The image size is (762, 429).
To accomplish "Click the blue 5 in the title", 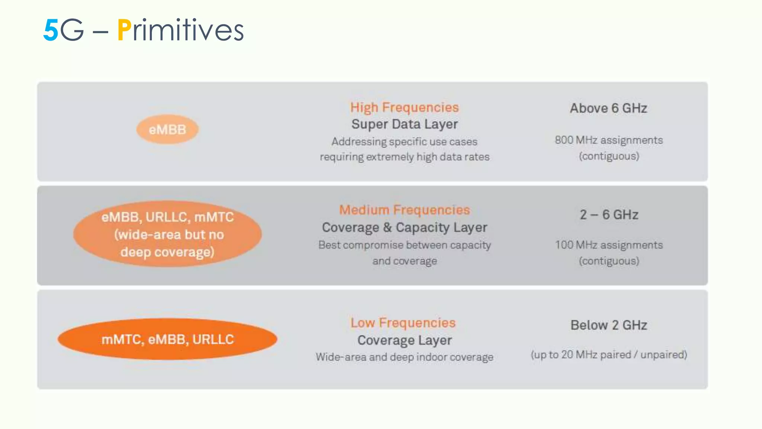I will [x=51, y=30].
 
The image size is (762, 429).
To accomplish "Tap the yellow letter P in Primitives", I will [x=124, y=30].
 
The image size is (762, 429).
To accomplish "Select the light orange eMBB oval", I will [x=167, y=130].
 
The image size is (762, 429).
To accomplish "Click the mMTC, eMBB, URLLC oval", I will [x=167, y=339].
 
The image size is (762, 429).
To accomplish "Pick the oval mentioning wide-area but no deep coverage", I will [x=167, y=234].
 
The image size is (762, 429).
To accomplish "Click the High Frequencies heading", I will [x=404, y=107].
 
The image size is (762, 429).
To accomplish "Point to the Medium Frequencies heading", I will [x=404, y=210].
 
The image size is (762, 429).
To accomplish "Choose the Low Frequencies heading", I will [x=403, y=322].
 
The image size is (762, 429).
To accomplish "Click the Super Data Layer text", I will [x=404, y=124].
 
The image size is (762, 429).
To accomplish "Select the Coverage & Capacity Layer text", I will [x=404, y=227].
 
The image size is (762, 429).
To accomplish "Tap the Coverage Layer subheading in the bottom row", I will [x=404, y=340].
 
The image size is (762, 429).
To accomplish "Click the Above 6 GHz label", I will [x=609, y=108].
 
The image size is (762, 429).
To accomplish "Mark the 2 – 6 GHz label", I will [x=609, y=214].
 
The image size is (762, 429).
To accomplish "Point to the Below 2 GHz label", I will [x=609, y=325].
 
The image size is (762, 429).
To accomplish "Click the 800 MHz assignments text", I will [x=609, y=140].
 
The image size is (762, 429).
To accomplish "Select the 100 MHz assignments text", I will [x=609, y=245].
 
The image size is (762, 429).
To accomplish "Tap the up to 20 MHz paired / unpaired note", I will [x=609, y=355].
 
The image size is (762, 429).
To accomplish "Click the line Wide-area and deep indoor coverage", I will [x=404, y=357].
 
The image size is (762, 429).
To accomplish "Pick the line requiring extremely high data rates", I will [x=404, y=157].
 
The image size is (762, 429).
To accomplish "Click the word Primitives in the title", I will [x=181, y=30].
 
